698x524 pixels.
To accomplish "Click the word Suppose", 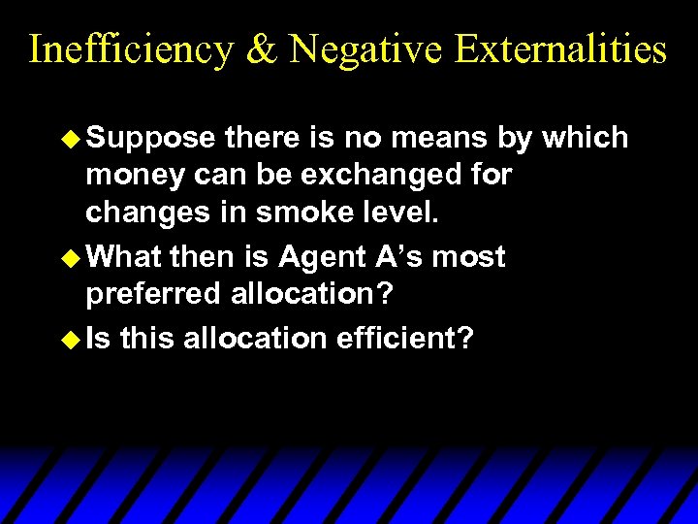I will click(x=150, y=139).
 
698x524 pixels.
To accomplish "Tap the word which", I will click(x=586, y=138).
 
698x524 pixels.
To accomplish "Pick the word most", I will click(x=468, y=257).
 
